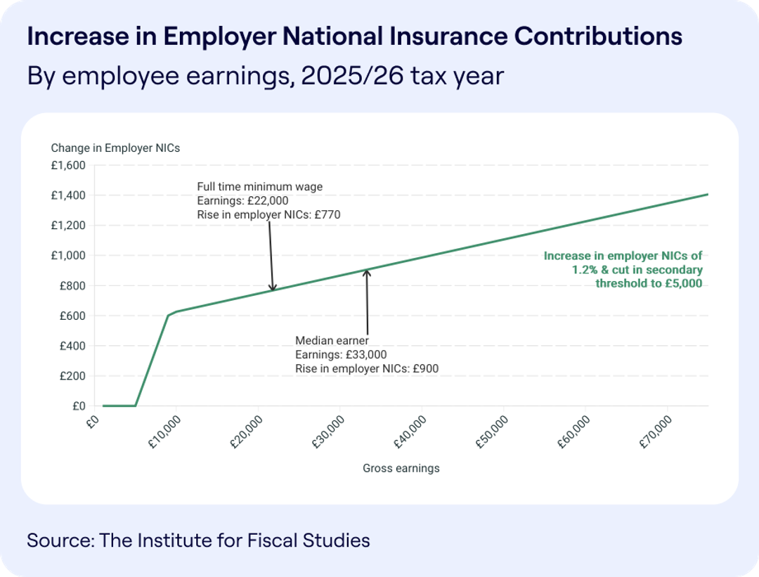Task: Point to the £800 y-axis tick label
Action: (72, 286)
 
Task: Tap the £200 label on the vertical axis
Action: (72, 376)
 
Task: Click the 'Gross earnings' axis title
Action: (401, 468)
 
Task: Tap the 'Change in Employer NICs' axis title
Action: (115, 148)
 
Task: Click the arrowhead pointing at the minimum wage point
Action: (273, 287)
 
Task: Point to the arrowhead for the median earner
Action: (366, 271)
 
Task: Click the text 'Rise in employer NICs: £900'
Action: (366, 368)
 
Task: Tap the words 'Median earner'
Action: (332, 341)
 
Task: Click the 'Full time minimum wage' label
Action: (259, 186)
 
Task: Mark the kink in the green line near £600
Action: (169, 316)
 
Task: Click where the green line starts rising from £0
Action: (135, 406)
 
